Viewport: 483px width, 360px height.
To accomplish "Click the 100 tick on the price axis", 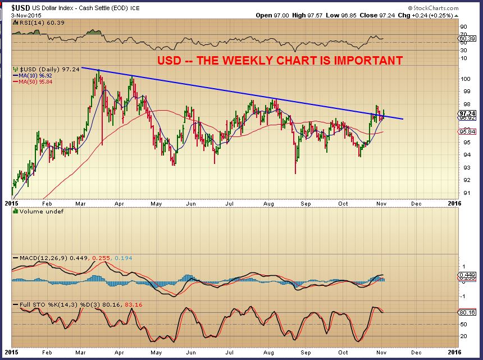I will [x=466, y=79].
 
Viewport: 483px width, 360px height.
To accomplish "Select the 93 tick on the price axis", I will [x=464, y=168].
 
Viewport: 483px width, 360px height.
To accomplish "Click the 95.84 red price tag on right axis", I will [x=467, y=131].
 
